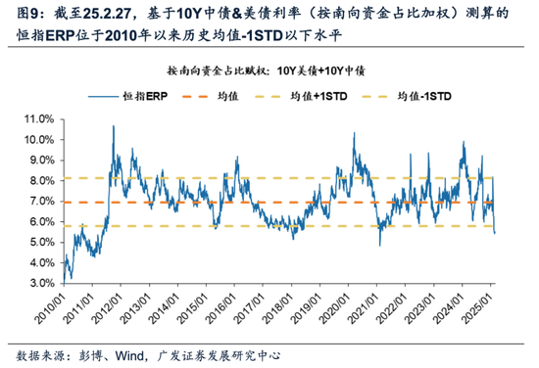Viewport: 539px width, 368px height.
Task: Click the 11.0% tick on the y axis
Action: [40, 117]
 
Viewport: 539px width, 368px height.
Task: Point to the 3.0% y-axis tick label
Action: [42, 283]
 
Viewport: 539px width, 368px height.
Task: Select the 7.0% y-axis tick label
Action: [42, 201]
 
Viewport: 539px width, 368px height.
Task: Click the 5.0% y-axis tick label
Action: [42, 242]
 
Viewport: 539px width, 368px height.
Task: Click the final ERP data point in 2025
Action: [495, 233]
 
